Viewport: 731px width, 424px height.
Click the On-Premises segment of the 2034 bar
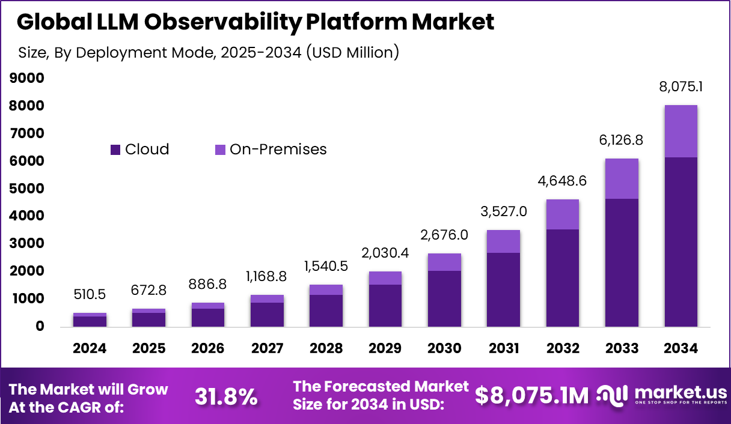[x=681, y=131]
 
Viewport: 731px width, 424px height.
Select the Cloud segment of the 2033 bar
[x=622, y=262]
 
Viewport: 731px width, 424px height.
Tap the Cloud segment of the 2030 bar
[x=444, y=298]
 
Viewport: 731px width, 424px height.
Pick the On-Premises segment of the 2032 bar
[x=563, y=214]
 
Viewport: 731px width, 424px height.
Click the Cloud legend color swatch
[x=115, y=150]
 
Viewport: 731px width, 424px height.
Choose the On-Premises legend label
[x=278, y=150]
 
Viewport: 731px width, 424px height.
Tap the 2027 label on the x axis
[x=267, y=348]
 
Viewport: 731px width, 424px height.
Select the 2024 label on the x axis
[x=90, y=348]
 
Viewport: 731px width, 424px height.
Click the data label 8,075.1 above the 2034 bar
[x=681, y=86]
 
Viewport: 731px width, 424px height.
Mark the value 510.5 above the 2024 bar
[x=90, y=295]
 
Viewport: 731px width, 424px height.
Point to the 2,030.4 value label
[x=385, y=253]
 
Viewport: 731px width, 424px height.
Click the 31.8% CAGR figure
[x=226, y=396]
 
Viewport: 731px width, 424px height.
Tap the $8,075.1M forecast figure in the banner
[x=532, y=396]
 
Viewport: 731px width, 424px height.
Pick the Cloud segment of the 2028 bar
[x=326, y=310]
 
